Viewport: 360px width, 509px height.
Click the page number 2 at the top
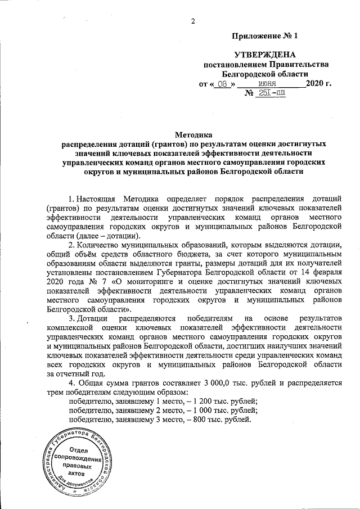pos(193,21)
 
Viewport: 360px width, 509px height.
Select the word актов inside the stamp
pos(77,474)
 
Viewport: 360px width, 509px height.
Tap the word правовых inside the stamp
pos(78,466)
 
